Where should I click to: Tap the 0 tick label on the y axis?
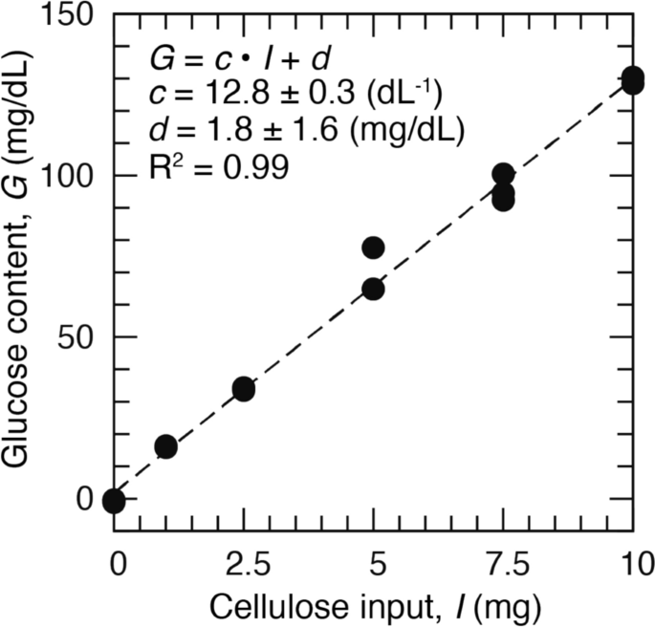click(87, 499)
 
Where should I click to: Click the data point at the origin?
click(114, 499)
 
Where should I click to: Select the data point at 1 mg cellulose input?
click(165, 446)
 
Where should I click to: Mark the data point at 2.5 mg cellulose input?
click(243, 389)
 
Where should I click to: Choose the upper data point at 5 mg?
click(373, 248)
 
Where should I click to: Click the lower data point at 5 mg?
click(373, 289)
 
